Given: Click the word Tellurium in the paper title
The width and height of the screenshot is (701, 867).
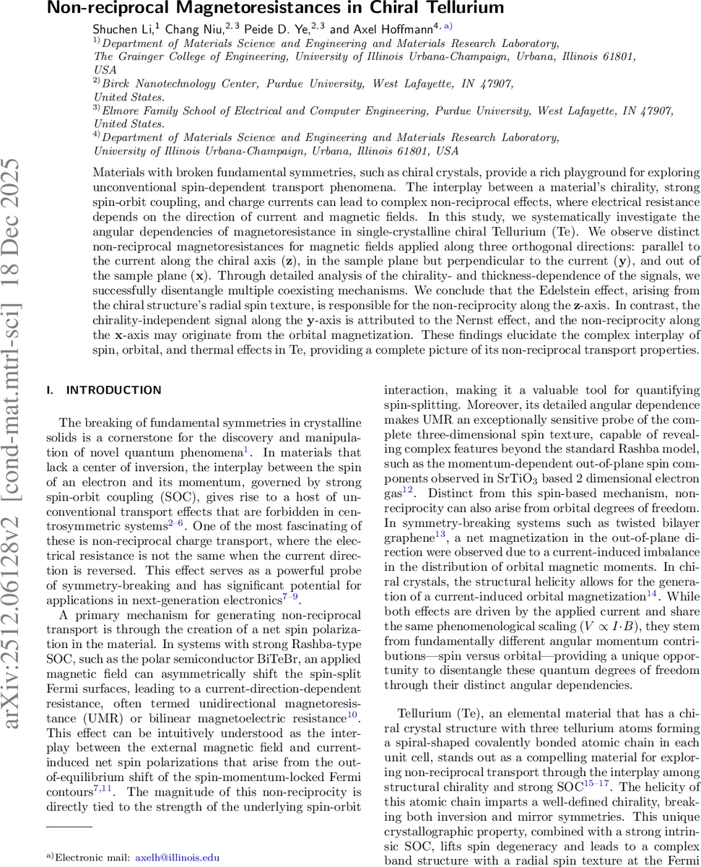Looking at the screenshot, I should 462,9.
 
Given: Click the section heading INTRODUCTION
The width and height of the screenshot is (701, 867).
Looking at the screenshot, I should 113,390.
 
